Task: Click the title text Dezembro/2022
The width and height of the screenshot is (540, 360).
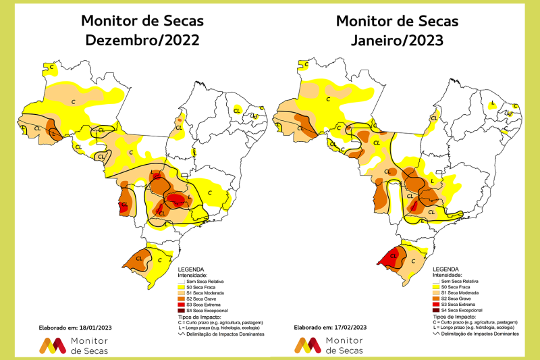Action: (x=142, y=41)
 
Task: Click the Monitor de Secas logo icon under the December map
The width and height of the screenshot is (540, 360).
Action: (x=53, y=345)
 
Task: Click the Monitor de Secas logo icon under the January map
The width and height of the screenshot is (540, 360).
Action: (x=308, y=345)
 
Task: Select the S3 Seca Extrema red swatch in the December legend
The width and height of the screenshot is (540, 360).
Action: (x=182, y=304)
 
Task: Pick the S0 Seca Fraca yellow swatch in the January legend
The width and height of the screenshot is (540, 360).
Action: (x=436, y=286)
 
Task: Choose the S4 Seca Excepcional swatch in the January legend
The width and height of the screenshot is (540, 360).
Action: (x=436, y=309)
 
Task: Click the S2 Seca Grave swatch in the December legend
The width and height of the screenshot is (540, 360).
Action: (x=182, y=298)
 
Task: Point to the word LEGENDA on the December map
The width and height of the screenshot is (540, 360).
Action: (x=191, y=269)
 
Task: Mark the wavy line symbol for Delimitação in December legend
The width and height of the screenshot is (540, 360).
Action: (x=182, y=334)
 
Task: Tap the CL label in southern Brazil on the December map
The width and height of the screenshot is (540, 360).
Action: (x=140, y=257)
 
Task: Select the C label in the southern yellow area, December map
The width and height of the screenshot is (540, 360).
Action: (x=159, y=259)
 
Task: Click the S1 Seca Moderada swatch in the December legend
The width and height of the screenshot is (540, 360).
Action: (x=182, y=292)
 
